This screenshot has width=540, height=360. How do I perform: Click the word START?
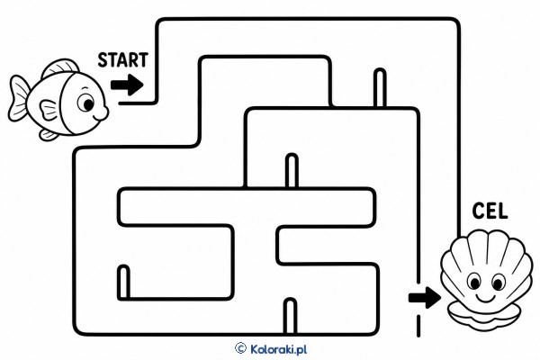pos(123,60)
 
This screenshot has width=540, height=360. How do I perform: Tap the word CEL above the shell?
pos(490,211)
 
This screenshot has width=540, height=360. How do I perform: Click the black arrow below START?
pos(127,85)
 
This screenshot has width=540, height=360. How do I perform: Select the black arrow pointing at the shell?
pos(425,297)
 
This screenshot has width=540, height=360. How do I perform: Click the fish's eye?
pos(85,103)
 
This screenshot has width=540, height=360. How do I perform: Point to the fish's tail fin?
pos(19,98)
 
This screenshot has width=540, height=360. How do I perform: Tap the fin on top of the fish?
pos(60,67)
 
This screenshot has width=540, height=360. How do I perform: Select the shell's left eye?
pos(474,282)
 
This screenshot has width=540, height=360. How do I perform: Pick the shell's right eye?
pos(498,283)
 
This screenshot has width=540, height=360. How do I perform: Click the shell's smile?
pos(486,298)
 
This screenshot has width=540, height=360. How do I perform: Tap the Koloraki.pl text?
pos(278,349)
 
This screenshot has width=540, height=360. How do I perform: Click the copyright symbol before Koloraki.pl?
pos(240,348)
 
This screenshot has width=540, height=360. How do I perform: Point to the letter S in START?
pos(103,60)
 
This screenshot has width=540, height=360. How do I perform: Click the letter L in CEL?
pos(502,211)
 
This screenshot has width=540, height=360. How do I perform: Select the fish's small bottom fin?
pos(49,135)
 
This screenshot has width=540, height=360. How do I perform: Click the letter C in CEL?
pos(478,211)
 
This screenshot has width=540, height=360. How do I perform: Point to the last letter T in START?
pos(143,60)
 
